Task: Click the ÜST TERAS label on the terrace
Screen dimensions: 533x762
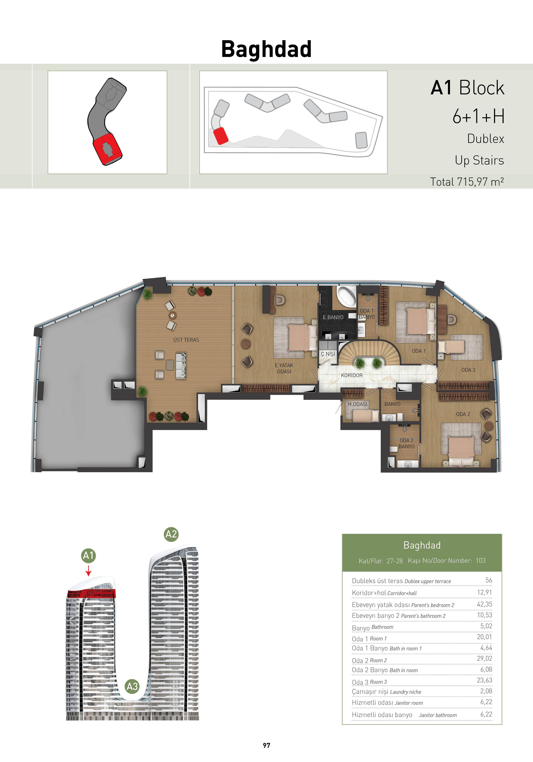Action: [x=186, y=340]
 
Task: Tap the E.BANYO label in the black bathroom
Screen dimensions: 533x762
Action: [x=333, y=317]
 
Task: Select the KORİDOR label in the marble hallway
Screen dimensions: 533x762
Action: [x=352, y=375]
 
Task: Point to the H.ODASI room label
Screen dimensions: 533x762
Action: [x=357, y=404]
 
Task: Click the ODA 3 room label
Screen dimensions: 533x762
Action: [x=468, y=370]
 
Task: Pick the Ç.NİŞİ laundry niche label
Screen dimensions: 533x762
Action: [x=328, y=354]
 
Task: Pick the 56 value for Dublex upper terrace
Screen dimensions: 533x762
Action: [x=489, y=580]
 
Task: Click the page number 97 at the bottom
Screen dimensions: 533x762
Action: [x=266, y=745]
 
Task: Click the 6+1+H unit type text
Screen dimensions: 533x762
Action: [x=479, y=116]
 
